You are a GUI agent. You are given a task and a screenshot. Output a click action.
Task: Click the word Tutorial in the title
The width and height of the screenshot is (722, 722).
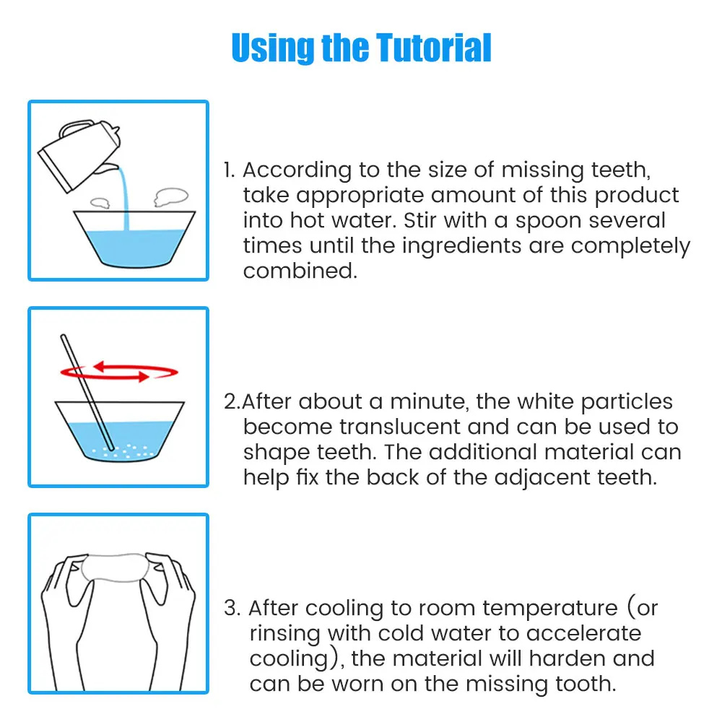click(434, 48)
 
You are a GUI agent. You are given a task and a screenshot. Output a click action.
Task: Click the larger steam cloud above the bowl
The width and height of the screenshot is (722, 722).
click(171, 196)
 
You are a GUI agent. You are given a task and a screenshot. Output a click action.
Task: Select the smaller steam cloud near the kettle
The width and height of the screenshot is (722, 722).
click(100, 203)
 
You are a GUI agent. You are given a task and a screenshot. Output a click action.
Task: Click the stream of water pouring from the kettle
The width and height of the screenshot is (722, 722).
click(124, 198)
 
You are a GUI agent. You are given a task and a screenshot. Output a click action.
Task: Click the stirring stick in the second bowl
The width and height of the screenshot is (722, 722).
click(87, 392)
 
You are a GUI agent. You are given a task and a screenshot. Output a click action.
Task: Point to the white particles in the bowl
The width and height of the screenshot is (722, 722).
click(123, 451)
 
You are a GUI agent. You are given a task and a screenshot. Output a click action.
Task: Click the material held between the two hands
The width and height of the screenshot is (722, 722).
click(115, 567)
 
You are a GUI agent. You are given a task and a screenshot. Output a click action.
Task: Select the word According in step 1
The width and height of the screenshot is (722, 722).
click(297, 170)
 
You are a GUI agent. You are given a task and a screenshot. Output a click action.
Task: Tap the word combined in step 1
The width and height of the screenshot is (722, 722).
click(300, 271)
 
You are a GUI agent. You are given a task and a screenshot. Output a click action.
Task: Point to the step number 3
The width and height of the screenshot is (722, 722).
click(232, 608)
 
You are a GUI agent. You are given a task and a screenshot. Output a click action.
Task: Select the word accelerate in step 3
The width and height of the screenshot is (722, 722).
click(583, 634)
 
